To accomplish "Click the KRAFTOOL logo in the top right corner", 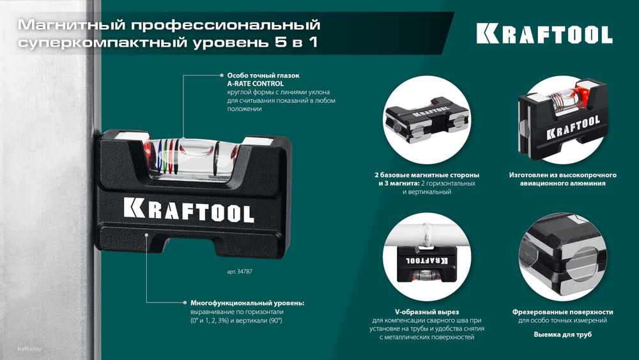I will (x=544, y=34).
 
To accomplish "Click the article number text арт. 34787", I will (x=243, y=271).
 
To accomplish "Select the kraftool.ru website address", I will (x=26, y=348).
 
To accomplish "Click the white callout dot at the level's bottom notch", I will (x=147, y=234).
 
